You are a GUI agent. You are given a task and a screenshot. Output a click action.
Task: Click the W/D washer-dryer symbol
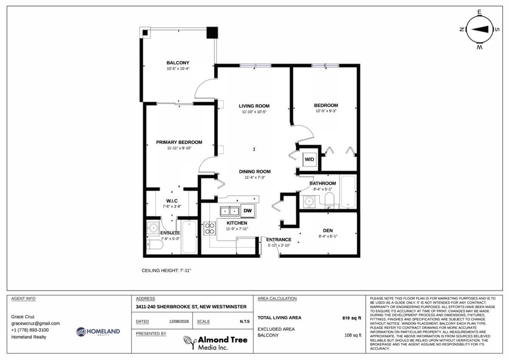click(x=309, y=159)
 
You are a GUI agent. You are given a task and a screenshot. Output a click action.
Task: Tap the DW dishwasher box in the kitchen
click(x=248, y=211)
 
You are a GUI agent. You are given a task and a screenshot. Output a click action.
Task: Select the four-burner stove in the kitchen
click(x=210, y=228)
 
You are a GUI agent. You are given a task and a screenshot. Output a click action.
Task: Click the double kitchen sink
click(x=229, y=211)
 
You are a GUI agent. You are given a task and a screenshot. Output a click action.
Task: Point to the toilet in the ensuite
click(x=154, y=244)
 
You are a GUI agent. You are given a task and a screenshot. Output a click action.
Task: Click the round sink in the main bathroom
click(x=309, y=201)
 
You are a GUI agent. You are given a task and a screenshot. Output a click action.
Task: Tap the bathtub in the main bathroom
click(x=348, y=192)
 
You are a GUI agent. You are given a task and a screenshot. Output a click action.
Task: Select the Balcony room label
click(x=178, y=63)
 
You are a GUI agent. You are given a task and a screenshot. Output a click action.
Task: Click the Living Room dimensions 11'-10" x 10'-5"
click(x=254, y=112)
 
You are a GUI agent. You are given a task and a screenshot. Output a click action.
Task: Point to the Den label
click(x=327, y=231)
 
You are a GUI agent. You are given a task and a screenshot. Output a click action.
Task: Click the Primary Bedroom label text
click(x=179, y=142)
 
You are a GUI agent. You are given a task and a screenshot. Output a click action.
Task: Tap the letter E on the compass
click(x=479, y=12)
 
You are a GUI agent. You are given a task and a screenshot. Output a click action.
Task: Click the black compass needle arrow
click(x=480, y=29)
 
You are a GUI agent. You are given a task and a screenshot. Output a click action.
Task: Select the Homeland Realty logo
click(x=98, y=332)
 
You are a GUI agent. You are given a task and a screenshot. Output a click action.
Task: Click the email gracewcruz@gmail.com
click(x=36, y=324)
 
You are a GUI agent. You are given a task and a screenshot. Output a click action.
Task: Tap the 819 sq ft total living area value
click(x=352, y=318)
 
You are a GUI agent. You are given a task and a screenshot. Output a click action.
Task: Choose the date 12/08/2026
click(x=179, y=321)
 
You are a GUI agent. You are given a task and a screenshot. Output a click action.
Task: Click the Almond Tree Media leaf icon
click(x=190, y=342)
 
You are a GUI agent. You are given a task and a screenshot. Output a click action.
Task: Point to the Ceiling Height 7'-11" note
click(x=166, y=271)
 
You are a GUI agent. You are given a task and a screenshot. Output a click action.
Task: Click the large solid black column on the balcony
click(x=212, y=33)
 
